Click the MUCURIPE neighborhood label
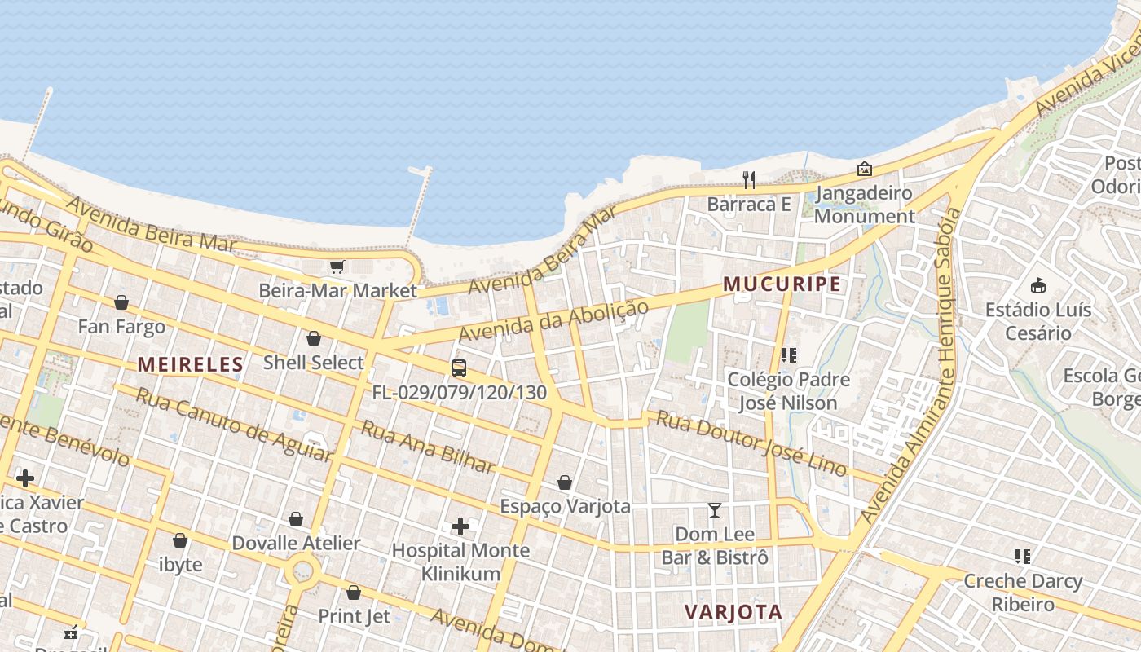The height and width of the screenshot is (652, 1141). coord(782,284)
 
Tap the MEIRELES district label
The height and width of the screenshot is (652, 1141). coord(190,364)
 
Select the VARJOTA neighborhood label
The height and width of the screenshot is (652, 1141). coord(733,612)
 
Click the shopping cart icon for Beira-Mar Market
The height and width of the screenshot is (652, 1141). coord(337,267)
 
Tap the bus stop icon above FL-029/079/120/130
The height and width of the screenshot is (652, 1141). coord(459,368)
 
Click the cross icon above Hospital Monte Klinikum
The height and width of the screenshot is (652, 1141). coord(460,526)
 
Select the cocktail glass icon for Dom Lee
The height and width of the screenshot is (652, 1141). coord(715,510)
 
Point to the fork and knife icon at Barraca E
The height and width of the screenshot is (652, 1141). coord(749,179)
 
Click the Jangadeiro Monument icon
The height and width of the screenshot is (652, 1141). coord(864,169)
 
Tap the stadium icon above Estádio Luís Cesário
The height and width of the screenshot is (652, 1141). coord(1037,285)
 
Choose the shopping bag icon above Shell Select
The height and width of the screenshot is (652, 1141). coord(314,338)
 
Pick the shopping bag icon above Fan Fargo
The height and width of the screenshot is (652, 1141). coord(121,303)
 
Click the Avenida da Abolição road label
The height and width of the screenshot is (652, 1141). coord(553,322)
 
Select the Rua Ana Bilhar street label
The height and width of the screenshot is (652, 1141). coord(428,447)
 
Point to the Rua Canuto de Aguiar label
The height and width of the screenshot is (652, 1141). coord(234,425)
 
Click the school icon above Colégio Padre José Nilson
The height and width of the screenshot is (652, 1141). coord(788,355)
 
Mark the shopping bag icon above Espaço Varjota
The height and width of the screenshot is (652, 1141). coord(565,482)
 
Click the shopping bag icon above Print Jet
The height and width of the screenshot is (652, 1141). coord(354,593)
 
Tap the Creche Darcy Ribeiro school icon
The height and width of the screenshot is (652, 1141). coord(1023,557)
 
